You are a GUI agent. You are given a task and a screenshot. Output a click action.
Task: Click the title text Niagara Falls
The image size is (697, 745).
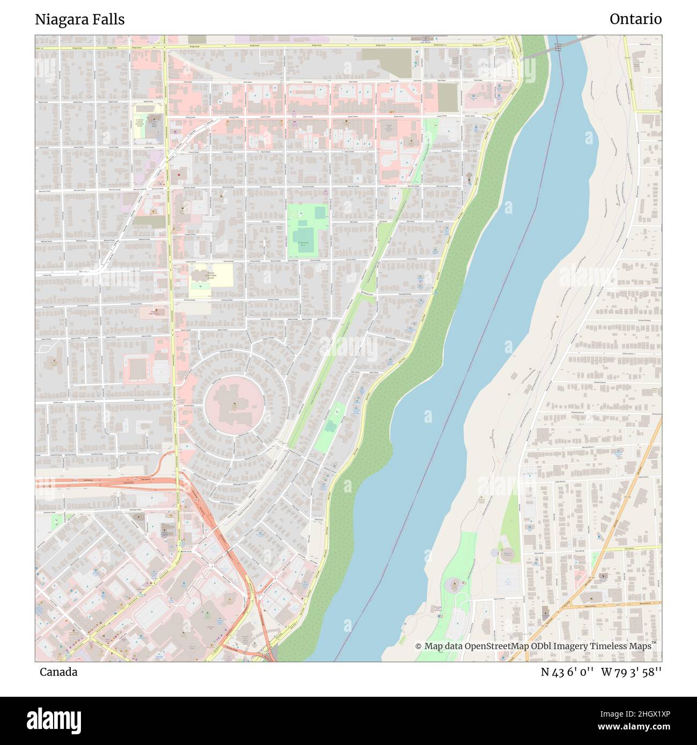[x=80, y=19]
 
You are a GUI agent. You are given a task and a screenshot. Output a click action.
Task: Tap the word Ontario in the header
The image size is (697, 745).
[x=635, y=19]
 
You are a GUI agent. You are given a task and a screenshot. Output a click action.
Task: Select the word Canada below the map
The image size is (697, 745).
[x=58, y=672]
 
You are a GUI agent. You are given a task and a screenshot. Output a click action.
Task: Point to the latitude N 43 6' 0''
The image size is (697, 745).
[x=567, y=672]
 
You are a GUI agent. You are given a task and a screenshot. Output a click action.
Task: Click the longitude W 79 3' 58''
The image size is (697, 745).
[x=632, y=672]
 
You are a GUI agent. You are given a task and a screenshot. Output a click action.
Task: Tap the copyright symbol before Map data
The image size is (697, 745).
[x=419, y=646]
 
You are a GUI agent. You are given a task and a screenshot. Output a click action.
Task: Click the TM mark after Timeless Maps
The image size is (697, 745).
[x=654, y=643]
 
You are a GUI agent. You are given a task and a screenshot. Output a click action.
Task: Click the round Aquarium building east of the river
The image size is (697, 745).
[x=454, y=583]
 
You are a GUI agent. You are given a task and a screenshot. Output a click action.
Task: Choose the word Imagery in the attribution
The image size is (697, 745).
[x=569, y=646]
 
